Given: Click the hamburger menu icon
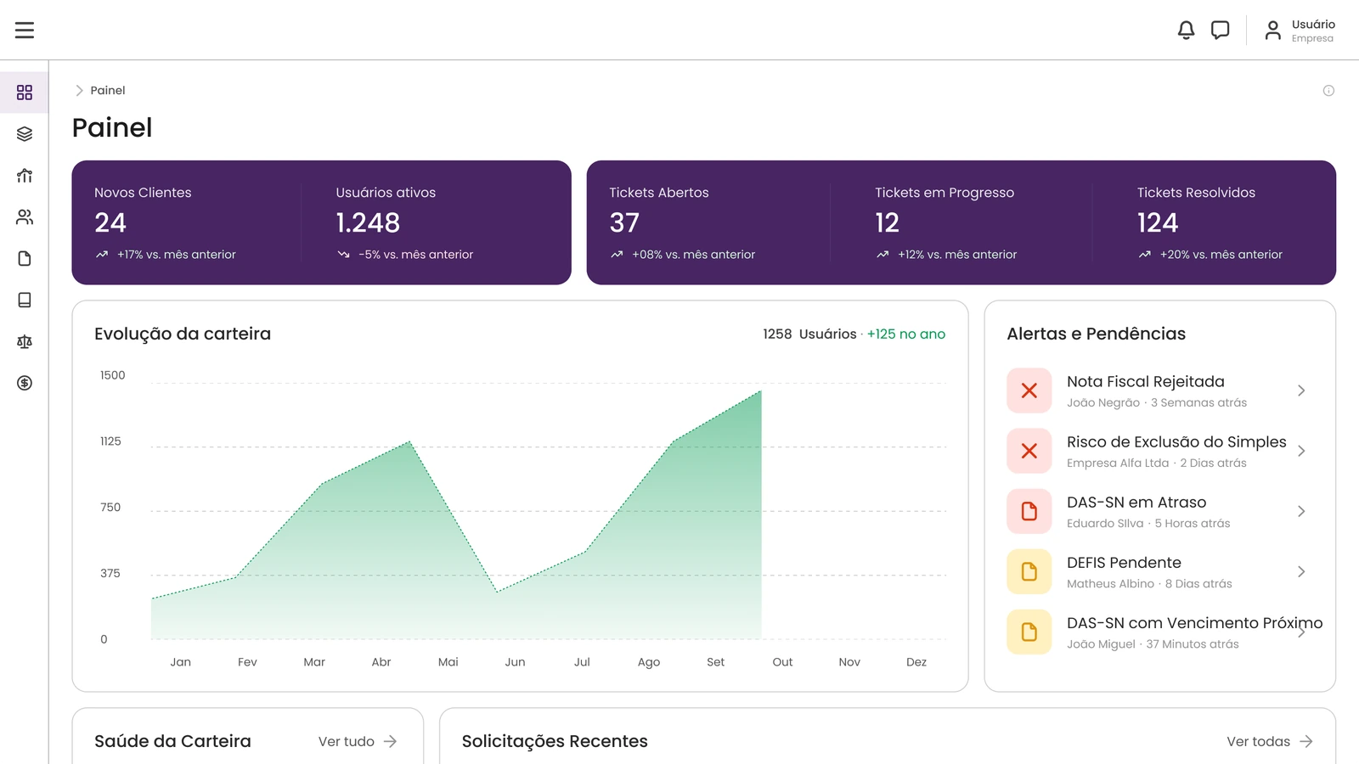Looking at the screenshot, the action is coord(25,30).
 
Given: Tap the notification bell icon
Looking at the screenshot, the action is coord(1186,30).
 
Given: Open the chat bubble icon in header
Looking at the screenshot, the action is coord(1220,30).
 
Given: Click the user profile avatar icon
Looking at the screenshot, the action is coord(1273,31).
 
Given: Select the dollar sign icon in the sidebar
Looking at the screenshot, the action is coord(25,383).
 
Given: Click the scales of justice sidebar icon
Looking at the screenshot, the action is coord(25,341).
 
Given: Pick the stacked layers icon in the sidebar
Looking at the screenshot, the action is coord(25,134).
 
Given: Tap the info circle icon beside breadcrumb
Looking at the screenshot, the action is coord(1328,91).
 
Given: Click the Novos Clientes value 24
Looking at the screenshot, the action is coord(110,222).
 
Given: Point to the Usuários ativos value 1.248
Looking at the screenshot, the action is coord(368,222).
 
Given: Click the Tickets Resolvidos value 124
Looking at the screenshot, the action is coord(1158,222).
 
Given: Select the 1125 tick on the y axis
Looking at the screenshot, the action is coord(110,441).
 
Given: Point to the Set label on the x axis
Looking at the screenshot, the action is coord(715,662).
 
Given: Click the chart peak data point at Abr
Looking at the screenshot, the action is coord(409,442).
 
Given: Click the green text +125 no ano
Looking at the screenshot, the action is coord(905,334).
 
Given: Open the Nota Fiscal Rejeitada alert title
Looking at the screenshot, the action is coord(1146,381).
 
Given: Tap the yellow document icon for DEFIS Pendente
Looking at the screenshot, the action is coord(1029,571).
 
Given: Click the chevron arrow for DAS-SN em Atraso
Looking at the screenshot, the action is coord(1301,511).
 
